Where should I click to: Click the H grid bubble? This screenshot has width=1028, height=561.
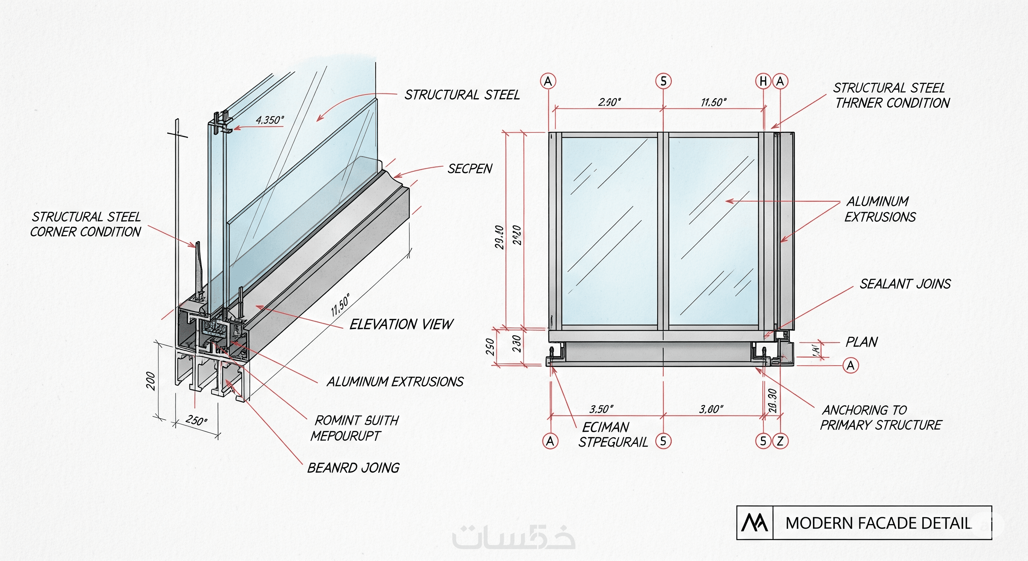point(763,81)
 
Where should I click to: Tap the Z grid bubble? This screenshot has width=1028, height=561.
point(780,441)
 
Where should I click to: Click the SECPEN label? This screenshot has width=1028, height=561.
point(470,169)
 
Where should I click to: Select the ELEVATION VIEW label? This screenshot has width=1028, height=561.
point(401,324)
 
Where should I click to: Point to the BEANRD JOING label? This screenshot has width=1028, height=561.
point(353,467)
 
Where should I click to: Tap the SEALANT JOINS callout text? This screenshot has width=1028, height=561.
point(905,284)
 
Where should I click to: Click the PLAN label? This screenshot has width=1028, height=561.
point(862,342)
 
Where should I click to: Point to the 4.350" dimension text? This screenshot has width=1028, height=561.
point(270,120)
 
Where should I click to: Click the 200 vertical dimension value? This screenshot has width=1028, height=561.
point(150,381)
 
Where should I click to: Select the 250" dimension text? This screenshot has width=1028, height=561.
point(196,420)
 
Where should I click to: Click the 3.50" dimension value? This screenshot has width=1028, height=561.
point(601,409)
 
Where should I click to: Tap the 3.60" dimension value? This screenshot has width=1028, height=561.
point(711,409)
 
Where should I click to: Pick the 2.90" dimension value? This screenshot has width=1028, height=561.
point(609,102)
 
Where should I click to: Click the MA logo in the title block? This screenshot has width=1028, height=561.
point(754,523)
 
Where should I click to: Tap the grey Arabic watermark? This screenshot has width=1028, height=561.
point(514,537)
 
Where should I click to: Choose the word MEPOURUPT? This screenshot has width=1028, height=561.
point(346,436)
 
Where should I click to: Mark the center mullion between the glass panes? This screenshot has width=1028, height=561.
point(663,232)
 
